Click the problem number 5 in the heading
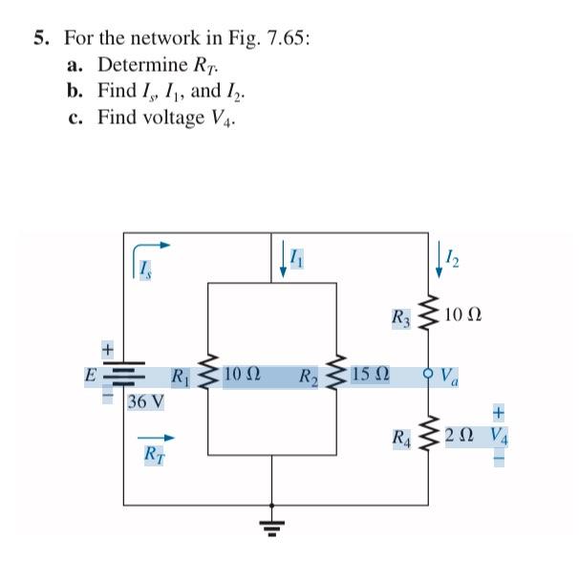[40, 39]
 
